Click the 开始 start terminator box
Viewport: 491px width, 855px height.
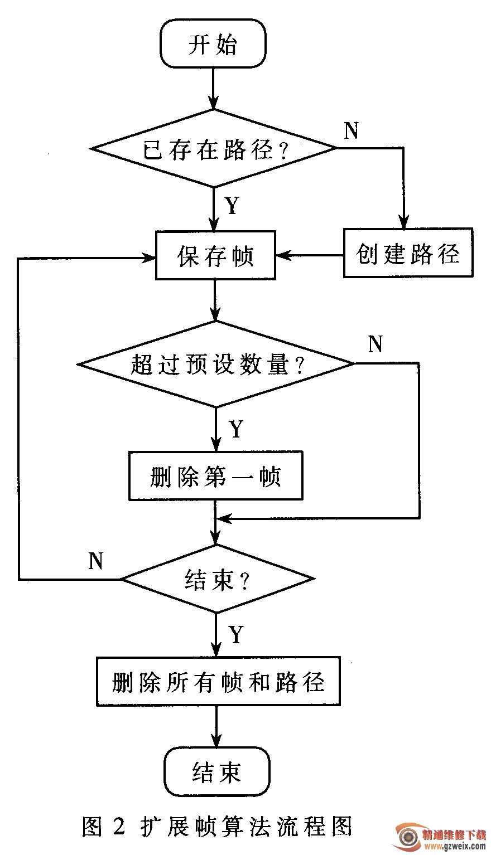click(213, 44)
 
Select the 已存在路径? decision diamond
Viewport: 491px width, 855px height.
click(214, 148)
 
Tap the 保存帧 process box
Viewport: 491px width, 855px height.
click(215, 255)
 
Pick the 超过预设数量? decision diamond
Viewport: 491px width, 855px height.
click(216, 364)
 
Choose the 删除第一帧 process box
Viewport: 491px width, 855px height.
click(215, 475)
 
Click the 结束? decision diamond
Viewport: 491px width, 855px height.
click(216, 580)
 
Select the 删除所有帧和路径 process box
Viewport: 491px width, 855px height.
click(218, 682)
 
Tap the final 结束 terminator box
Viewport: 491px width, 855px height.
click(216, 771)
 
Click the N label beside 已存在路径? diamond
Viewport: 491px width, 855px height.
click(351, 130)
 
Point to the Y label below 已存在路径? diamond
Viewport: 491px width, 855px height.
click(231, 206)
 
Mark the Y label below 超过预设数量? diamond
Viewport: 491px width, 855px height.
click(236, 429)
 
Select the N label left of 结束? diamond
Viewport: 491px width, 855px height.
click(96, 561)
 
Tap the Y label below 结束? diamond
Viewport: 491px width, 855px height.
click(236, 634)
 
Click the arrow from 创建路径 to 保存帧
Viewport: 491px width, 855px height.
click(310, 256)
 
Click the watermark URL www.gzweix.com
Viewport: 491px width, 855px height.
click(455, 846)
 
